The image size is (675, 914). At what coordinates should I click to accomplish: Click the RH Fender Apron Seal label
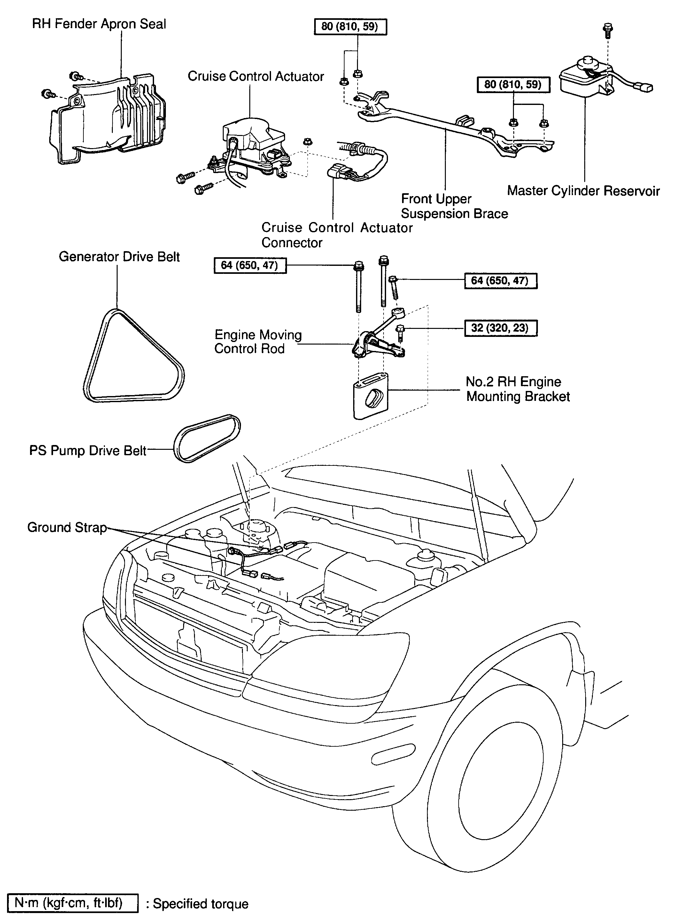[x=99, y=24]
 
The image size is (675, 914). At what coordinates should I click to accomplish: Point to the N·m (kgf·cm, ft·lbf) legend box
[x=73, y=902]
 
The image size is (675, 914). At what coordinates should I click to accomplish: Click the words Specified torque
[x=200, y=903]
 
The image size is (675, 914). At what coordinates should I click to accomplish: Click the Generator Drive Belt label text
[x=119, y=257]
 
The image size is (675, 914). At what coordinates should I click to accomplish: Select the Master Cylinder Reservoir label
[x=583, y=191]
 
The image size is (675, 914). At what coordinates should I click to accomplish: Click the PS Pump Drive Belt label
[x=88, y=451]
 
